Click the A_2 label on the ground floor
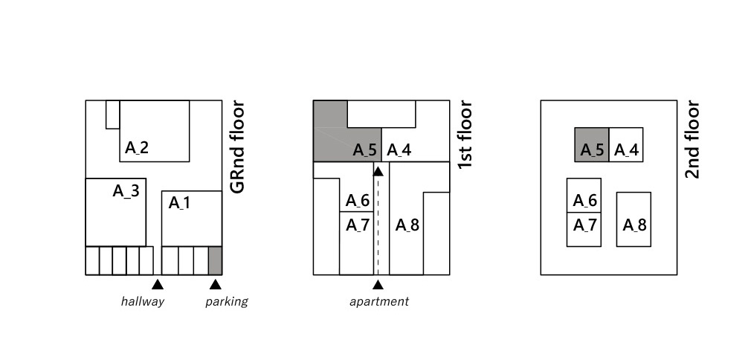pos(137,147)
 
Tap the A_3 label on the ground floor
pos(126,191)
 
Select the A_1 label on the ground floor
pos(180,202)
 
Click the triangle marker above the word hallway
pos(157,284)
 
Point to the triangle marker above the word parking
pos(215,284)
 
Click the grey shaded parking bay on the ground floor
pos(215,260)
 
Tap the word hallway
pos(143,301)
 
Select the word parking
pos(227,301)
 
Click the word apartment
pos(379,301)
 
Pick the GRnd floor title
pos(237,147)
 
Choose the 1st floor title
pos(465,135)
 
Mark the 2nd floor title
pos(692,140)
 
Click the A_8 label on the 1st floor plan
pos(407,225)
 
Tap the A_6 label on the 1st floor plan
pos(358,201)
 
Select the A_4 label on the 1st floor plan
pos(399,150)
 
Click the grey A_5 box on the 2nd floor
pos(592,145)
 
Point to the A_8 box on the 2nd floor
pos(633,219)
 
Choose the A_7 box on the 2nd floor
pos(584,229)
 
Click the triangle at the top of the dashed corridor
pos(378,172)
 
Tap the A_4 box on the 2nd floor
pos(626,145)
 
